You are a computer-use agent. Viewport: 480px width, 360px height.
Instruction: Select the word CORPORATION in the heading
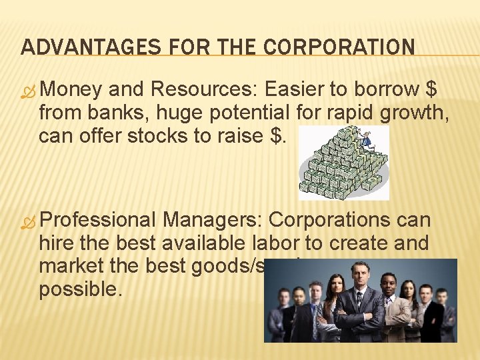click(340, 47)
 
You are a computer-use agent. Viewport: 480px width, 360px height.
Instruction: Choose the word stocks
click(177, 135)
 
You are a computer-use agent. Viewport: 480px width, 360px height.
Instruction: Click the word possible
click(80, 290)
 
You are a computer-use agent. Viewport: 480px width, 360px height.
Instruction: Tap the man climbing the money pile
click(365, 138)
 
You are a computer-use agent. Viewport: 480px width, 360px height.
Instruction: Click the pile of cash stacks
click(340, 167)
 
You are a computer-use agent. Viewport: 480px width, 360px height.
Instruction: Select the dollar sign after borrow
click(431, 89)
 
